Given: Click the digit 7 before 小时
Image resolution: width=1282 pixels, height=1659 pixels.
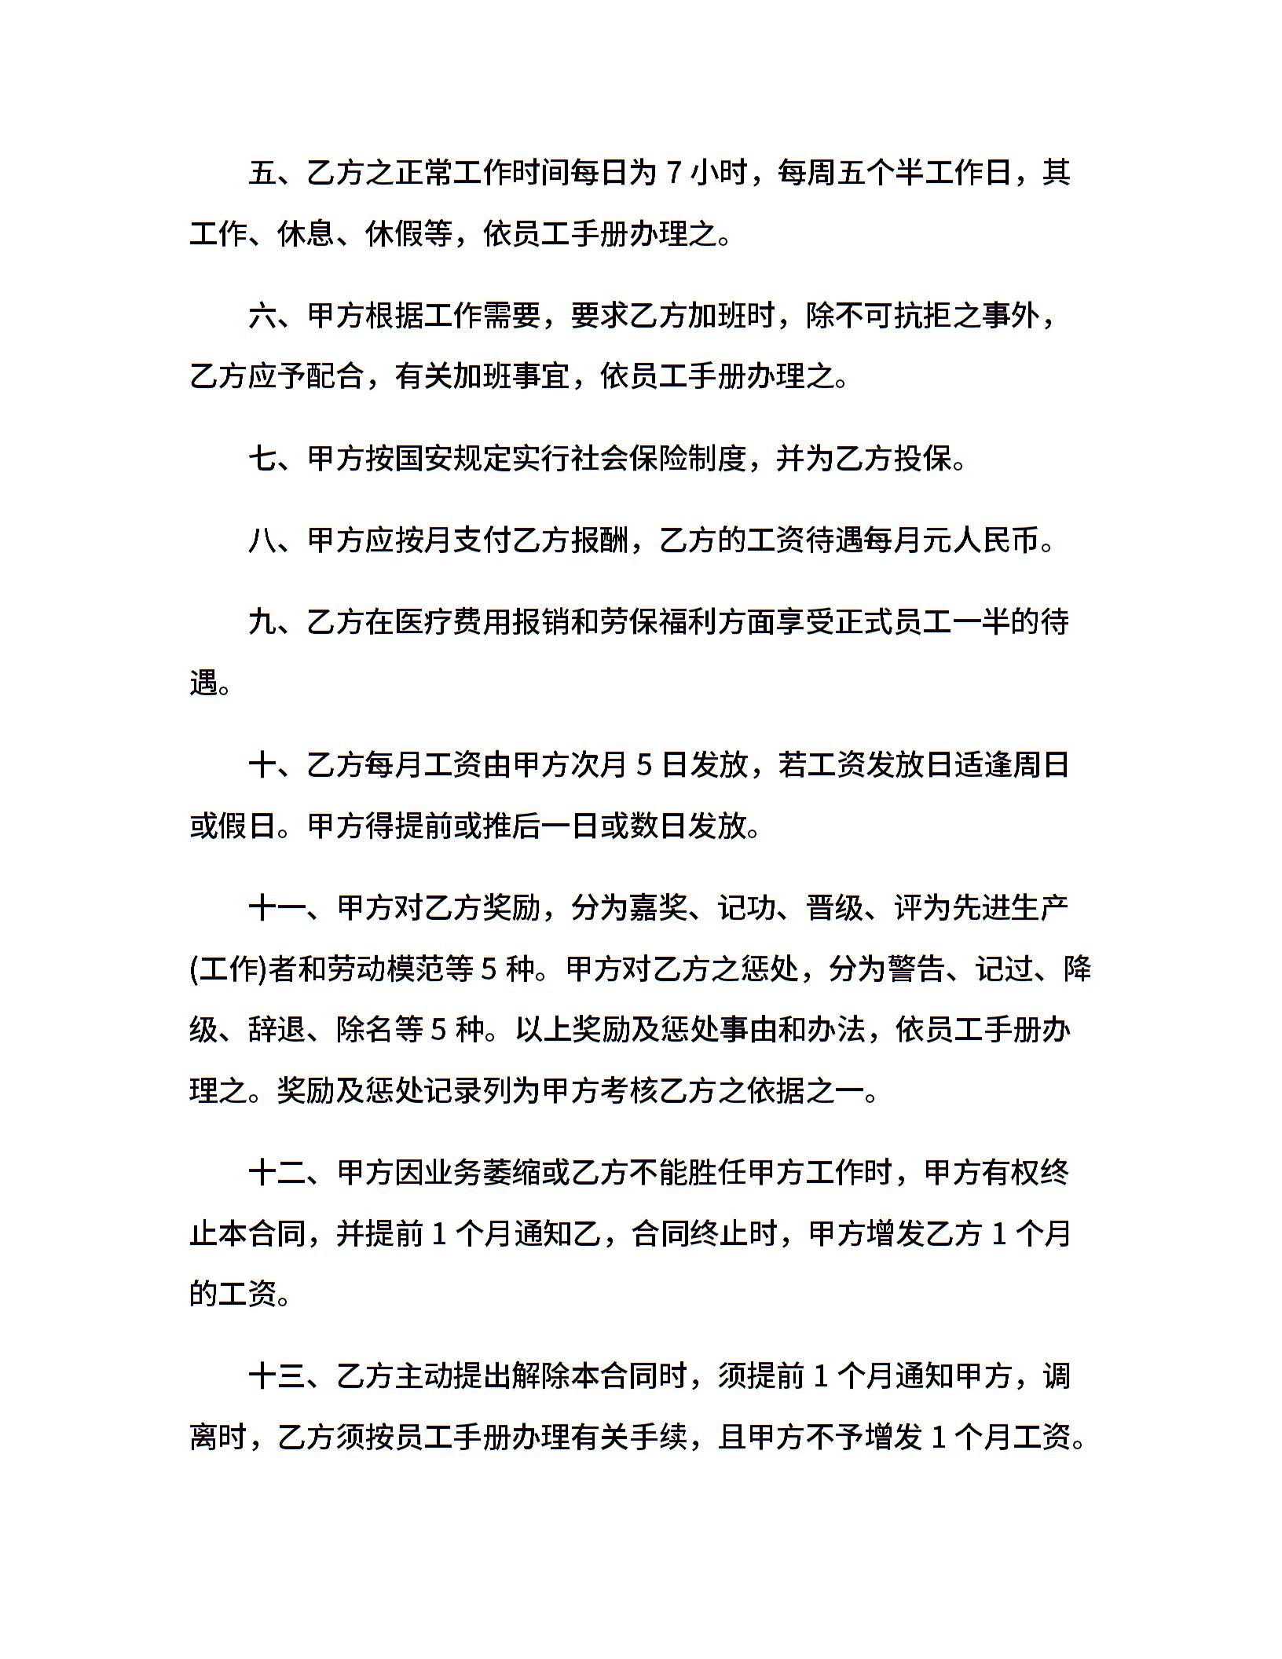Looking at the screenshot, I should pyautogui.click(x=673, y=172).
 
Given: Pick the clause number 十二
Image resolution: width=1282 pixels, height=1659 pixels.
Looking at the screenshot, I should pyautogui.click(x=277, y=1173).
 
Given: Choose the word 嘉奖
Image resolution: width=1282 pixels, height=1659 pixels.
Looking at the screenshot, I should pyautogui.click(x=658, y=908).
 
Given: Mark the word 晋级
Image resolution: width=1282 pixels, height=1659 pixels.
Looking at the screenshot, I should pyautogui.click(x=834, y=908).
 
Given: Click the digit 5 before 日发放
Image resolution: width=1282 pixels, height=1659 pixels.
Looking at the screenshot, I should pyautogui.click(x=644, y=764).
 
